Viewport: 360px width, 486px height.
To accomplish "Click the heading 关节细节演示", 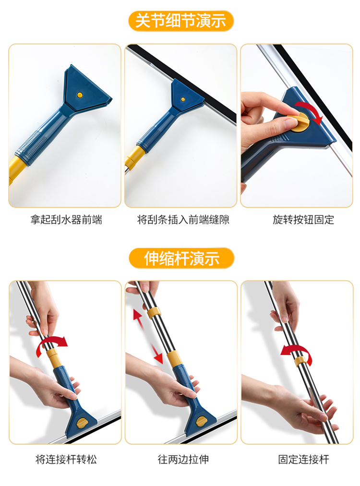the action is (x=181, y=21).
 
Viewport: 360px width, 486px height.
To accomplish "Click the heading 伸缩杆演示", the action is (x=181, y=258).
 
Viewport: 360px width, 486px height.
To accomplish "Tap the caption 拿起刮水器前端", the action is (x=66, y=220).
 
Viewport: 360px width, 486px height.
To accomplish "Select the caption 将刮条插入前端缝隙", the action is (x=183, y=220).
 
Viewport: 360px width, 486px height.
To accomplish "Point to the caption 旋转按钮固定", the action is (x=303, y=220).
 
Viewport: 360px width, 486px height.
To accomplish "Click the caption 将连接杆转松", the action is (x=66, y=459).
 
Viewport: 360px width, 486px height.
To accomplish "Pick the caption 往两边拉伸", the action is (x=183, y=459).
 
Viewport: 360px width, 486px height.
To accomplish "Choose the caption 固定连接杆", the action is (x=303, y=459).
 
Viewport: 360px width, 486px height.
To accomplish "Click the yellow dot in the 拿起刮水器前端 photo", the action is (x=80, y=95).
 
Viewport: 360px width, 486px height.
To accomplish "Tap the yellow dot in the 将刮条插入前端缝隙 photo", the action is (x=183, y=99).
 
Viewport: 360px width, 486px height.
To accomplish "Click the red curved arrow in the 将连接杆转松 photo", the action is (x=51, y=343).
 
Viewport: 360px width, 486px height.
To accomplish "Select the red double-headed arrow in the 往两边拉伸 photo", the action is (x=148, y=337).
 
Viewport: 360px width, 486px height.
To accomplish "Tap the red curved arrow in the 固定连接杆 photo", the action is (x=297, y=353).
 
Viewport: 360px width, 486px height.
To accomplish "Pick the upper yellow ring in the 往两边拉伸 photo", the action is (x=154, y=313).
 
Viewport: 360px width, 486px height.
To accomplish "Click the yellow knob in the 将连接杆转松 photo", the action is (x=83, y=423).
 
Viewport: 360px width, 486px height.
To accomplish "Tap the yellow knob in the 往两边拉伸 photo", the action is (x=202, y=421).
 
